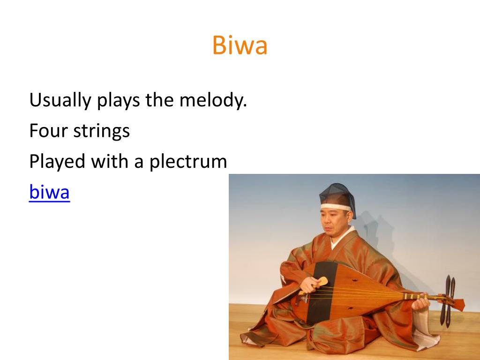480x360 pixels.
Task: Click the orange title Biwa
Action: coord(240,45)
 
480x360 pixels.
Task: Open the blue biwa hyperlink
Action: coord(49,192)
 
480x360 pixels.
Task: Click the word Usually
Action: coord(60,101)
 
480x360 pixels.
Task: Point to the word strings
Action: coord(102,132)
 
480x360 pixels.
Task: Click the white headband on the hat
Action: coord(335,207)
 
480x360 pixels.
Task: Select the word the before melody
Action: coord(160,101)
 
